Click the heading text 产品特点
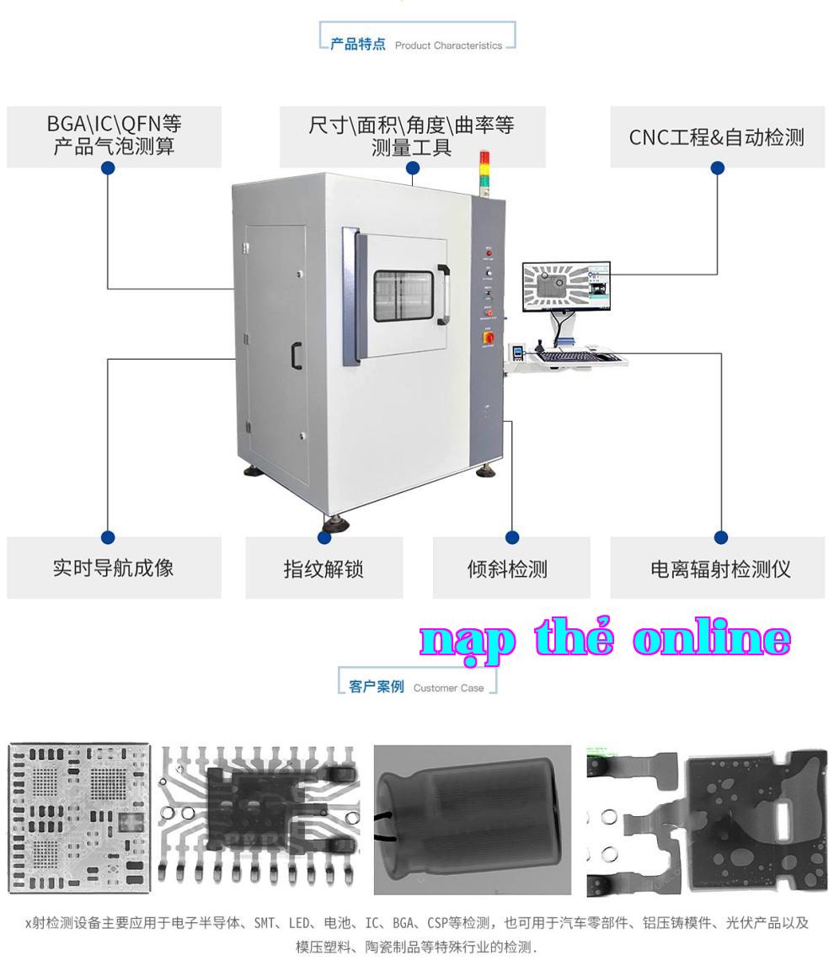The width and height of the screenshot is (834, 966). pos(357,44)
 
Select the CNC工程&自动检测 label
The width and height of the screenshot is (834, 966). pos(717,136)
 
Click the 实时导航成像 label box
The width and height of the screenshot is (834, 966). pos(114,568)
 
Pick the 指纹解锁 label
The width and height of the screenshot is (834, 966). pos(324,568)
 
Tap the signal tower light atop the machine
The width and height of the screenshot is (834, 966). pos(484,173)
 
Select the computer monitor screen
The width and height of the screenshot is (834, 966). pos(566,287)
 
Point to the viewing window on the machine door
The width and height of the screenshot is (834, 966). pos(404,296)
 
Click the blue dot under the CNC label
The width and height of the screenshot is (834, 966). pos(718,168)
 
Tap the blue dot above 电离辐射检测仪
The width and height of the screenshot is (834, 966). pos(720,537)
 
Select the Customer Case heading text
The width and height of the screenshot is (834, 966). pos(449,688)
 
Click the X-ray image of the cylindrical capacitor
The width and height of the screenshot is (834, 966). pos(472,820)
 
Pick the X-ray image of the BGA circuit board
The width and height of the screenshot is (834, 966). pos(79,818)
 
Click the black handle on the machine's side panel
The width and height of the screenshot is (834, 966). pos(297,355)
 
